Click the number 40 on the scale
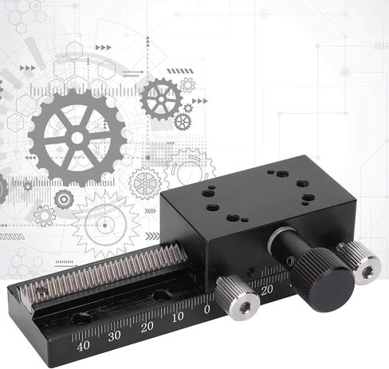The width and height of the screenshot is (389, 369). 83,346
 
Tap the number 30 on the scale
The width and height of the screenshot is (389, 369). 114,336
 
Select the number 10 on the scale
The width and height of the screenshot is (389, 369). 178,317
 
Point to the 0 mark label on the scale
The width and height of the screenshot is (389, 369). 207,309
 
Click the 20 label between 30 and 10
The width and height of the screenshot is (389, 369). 147,327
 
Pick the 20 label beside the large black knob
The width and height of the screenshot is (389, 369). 267,290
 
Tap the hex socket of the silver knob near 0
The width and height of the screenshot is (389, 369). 244,308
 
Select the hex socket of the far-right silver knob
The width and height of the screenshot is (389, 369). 368,273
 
